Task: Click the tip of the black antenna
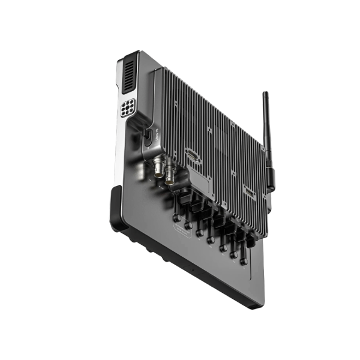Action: pyautogui.click(x=265, y=94)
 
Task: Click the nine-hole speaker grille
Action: pyautogui.click(x=128, y=109)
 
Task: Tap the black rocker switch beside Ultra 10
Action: pyautogui.click(x=147, y=138)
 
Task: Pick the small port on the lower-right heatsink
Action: pyautogui.click(x=248, y=190)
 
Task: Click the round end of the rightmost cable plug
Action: pyautogui.click(x=244, y=262)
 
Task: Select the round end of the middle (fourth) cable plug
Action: pyautogui.click(x=211, y=241)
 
